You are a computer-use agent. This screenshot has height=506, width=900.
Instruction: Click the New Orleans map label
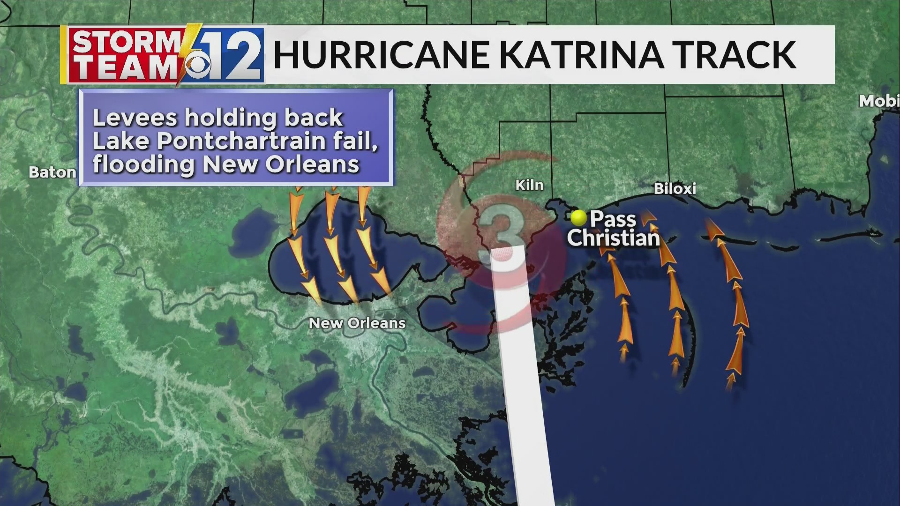[x=357, y=323]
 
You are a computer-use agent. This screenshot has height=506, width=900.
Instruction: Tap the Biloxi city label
[x=675, y=189]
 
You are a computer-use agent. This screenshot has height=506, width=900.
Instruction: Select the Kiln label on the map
[x=530, y=186]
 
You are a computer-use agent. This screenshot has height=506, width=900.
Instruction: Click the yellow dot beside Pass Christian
[x=578, y=218]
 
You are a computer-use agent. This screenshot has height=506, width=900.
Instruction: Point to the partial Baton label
[x=52, y=172]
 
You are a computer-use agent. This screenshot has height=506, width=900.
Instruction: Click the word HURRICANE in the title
[x=381, y=55]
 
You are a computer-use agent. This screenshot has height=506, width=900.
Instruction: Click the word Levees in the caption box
[x=135, y=118]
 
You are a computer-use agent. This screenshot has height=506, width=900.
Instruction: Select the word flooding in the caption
[x=143, y=164]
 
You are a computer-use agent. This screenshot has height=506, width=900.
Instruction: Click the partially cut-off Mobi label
[x=878, y=101]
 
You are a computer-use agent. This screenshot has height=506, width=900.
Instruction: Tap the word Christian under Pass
[x=613, y=238]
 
